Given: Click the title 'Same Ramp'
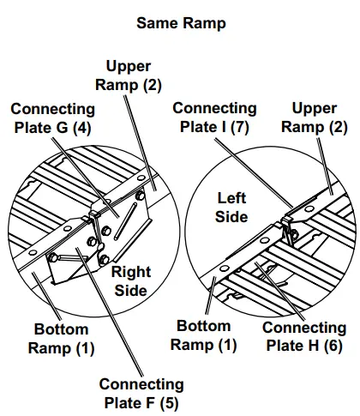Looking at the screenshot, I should pyautogui.click(x=181, y=23).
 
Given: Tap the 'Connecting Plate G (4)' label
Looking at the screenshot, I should pyautogui.click(x=52, y=119).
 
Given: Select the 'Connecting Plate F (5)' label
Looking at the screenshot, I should pyautogui.click(x=141, y=394).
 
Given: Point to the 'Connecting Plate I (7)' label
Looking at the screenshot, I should pyautogui.click(x=213, y=118).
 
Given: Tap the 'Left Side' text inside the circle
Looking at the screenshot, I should pyautogui.click(x=231, y=208).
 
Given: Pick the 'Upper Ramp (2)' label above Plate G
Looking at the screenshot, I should pyautogui.click(x=134, y=75).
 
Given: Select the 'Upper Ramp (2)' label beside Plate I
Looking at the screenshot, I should pyautogui.click(x=319, y=118).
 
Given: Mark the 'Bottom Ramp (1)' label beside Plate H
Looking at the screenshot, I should pyautogui.click(x=202, y=335).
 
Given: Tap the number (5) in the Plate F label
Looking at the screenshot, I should pyautogui.click(x=168, y=403).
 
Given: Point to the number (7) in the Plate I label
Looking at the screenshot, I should pyautogui.click(x=241, y=128).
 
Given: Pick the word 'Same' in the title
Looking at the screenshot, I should pyautogui.click(x=156, y=23).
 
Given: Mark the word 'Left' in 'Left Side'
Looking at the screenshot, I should pyautogui.click(x=231, y=198).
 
